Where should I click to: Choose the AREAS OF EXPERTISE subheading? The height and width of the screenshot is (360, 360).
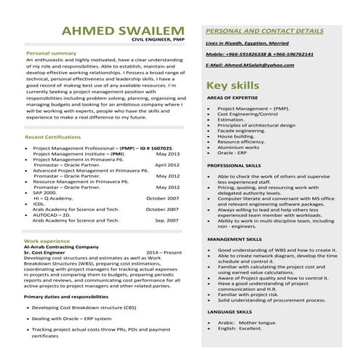pyautogui.click(x=233, y=97)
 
